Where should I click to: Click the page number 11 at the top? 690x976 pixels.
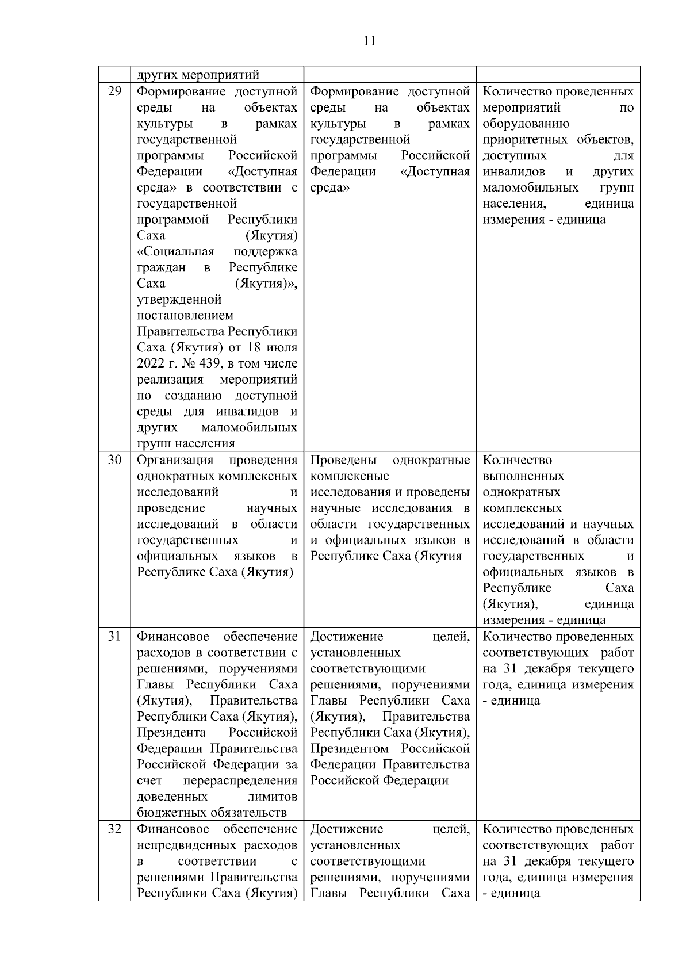(x=369, y=41)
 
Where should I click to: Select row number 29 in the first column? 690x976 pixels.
(x=114, y=91)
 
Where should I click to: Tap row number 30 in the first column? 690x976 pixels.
(x=114, y=460)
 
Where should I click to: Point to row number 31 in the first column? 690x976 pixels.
(x=114, y=636)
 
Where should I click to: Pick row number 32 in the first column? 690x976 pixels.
(x=114, y=829)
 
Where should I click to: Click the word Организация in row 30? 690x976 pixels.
(x=175, y=460)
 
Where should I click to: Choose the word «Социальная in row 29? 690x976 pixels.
(x=176, y=251)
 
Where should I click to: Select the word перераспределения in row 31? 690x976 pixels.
(x=240, y=781)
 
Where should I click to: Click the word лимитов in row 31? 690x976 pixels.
(x=273, y=797)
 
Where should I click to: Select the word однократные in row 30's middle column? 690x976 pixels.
(x=431, y=460)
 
